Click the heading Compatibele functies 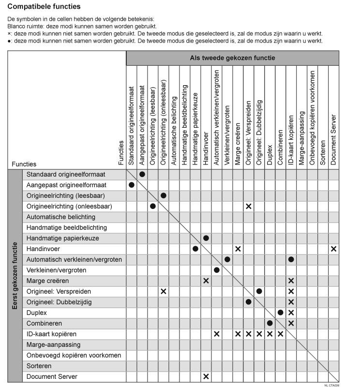pos(44,7)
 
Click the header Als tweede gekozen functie pos(232,58)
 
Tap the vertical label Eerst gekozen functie pos(15,276)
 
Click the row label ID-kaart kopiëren pos(51,334)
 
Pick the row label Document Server pos(52,376)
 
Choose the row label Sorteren pos(39,366)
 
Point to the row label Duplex pos(36,313)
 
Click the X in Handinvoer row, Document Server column pos(333,249)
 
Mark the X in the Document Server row pos(206,376)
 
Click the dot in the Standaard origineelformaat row pos(142,174)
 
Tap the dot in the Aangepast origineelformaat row pos(132,185)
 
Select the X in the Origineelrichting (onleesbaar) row pos(248,206)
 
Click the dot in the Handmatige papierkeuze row pos(206,238)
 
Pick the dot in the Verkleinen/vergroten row pos(216,270)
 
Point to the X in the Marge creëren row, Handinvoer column pos(206,281)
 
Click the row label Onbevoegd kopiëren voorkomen pos(74,355)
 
